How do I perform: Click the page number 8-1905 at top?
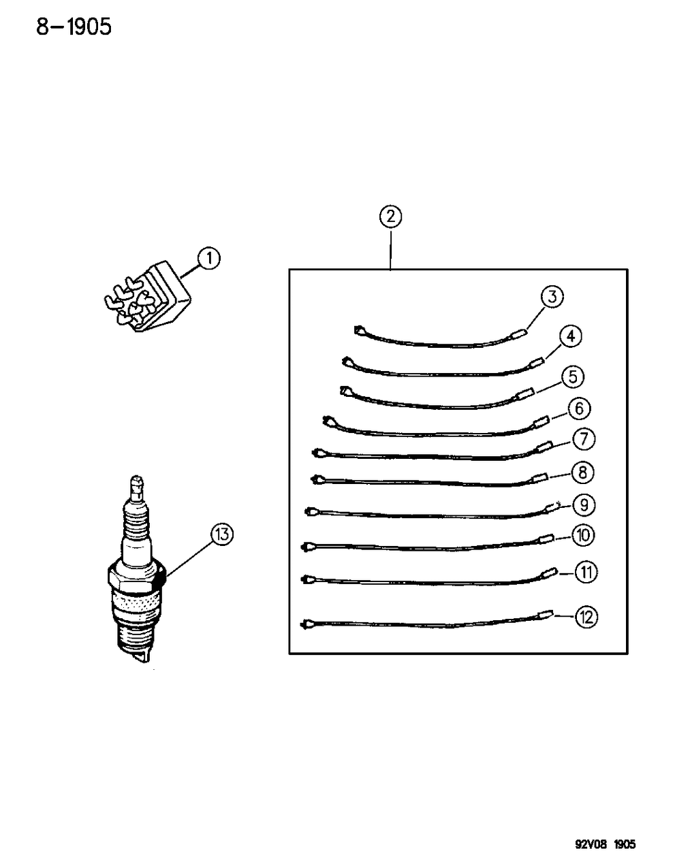[74, 28]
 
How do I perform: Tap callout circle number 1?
[209, 259]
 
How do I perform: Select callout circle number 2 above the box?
[390, 216]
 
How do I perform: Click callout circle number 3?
[552, 297]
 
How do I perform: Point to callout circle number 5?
[573, 376]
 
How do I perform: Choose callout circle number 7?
[584, 439]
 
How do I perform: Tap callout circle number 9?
[584, 505]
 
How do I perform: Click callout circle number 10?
[584, 535]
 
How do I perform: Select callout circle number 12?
[586, 617]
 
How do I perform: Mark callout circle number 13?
[222, 534]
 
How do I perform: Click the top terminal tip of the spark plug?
[137, 479]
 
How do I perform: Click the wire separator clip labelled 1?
[147, 298]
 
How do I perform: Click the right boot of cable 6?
[541, 422]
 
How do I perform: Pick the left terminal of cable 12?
[307, 623]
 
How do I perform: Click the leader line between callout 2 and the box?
[390, 248]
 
